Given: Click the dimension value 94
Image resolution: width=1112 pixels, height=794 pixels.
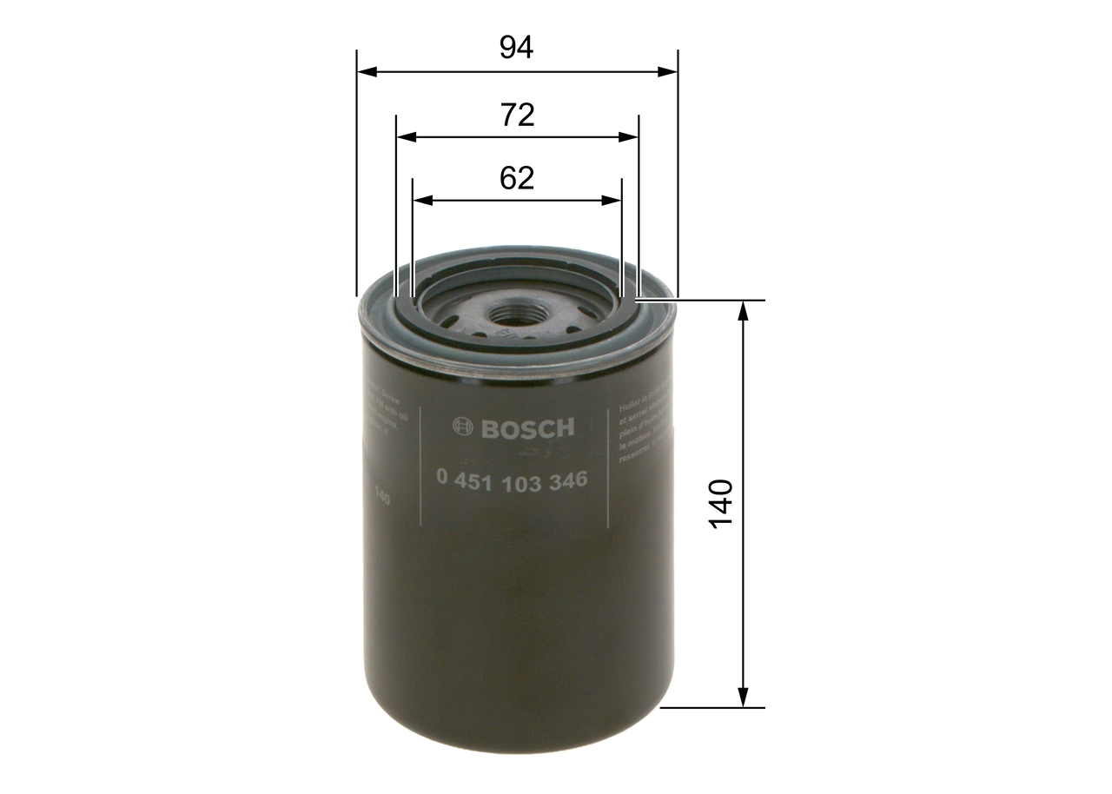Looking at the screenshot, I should click(516, 48).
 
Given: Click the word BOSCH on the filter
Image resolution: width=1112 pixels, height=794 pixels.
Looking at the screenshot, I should click(526, 428).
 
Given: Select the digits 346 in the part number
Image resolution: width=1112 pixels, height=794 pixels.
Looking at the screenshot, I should click(567, 480).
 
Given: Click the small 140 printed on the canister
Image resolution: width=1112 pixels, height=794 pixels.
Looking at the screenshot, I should click(381, 499).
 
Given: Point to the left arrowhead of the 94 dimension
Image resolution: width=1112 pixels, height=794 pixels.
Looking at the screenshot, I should click(365, 71).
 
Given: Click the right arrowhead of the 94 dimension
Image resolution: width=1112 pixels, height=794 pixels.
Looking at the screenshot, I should click(668, 71).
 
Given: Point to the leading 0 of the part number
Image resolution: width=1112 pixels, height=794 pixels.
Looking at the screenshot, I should click(442, 479).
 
